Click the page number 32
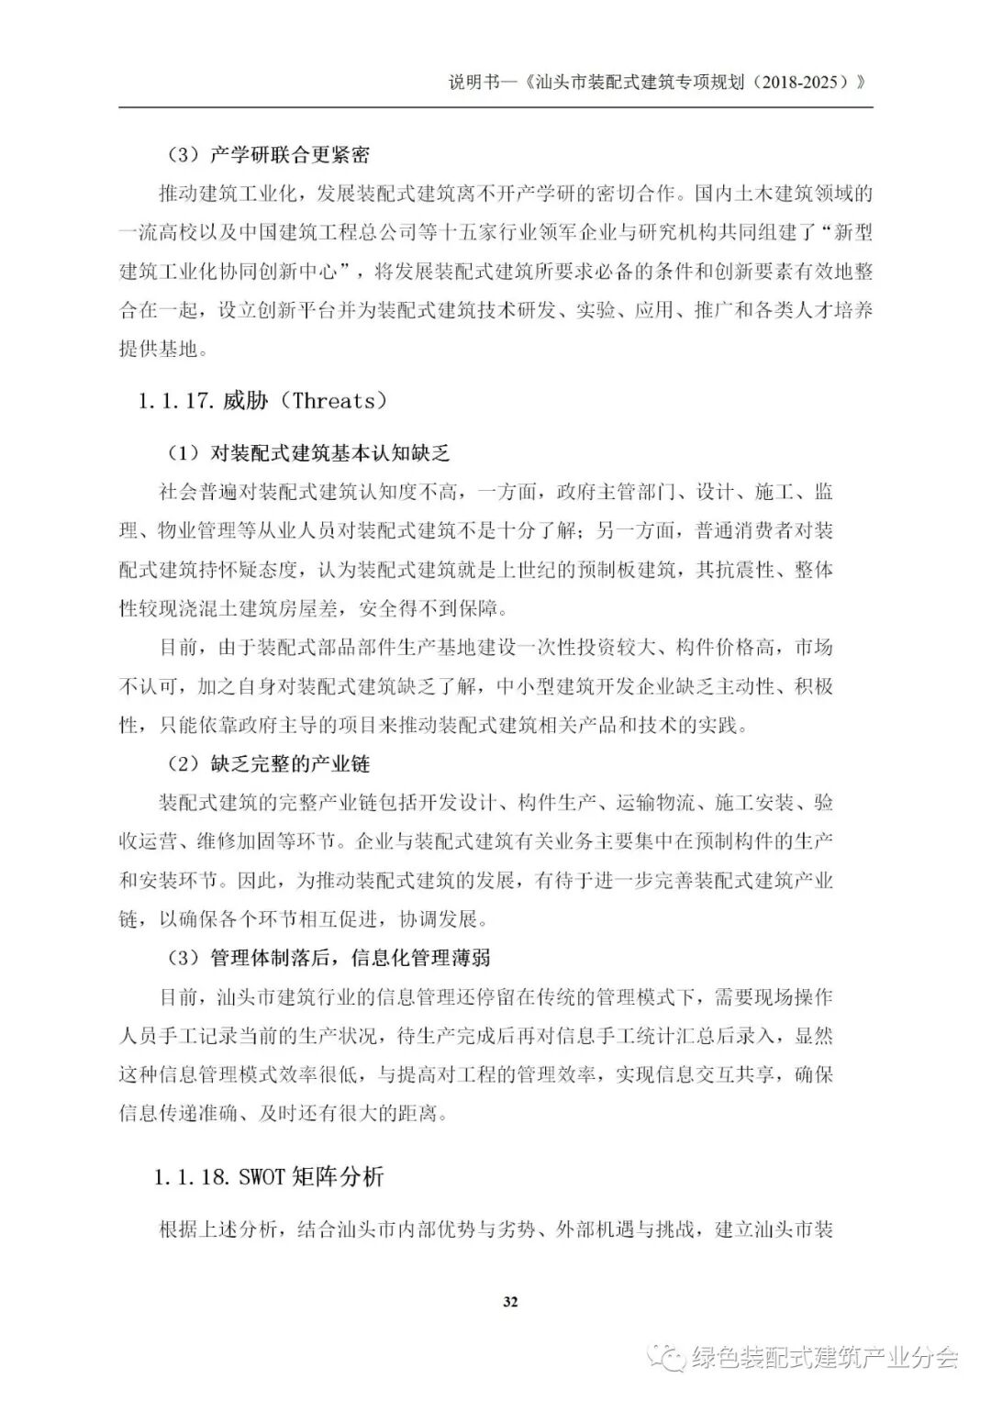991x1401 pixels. pos(511,1301)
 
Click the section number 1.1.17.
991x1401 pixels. pos(176,401)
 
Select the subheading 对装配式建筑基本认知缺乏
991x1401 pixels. pos(330,453)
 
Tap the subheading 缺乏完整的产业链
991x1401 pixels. pos(291,763)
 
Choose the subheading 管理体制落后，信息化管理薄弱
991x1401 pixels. pos(350,958)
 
